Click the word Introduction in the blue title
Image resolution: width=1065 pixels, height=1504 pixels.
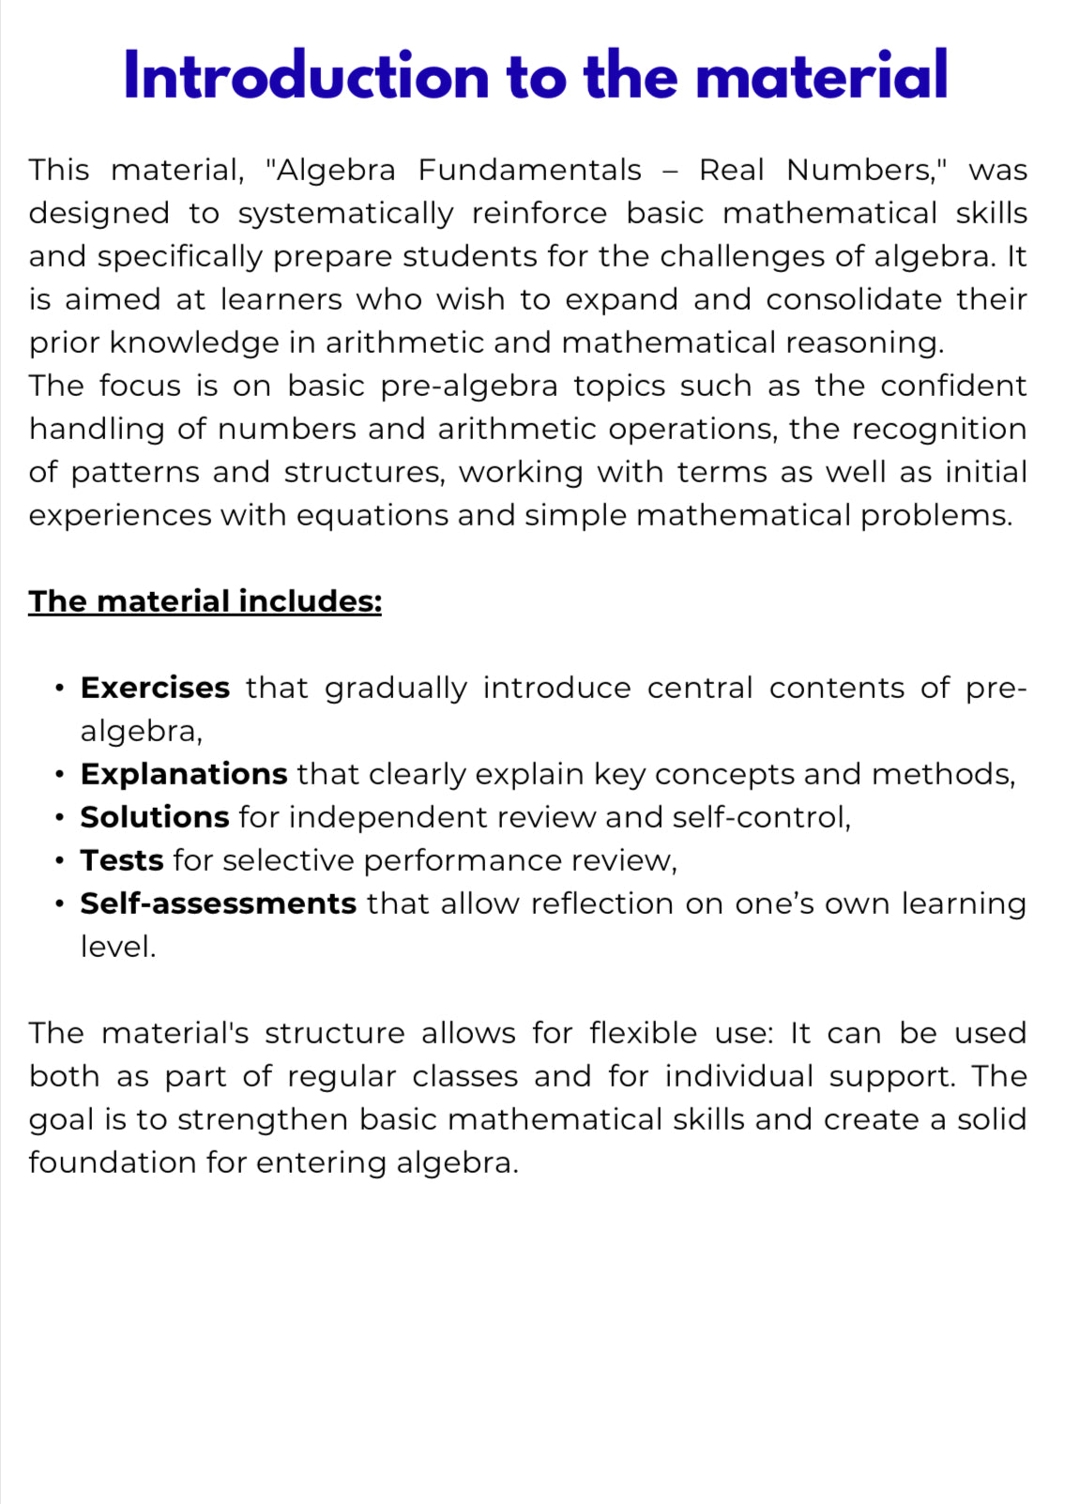306,76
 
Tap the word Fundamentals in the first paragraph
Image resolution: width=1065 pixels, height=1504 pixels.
529,170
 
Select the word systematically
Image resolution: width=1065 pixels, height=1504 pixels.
346,214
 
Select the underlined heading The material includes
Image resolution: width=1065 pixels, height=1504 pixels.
205,601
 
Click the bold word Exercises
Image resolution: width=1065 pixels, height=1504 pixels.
155,688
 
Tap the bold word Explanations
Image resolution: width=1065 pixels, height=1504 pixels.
184,774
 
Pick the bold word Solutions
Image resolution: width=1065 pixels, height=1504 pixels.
155,817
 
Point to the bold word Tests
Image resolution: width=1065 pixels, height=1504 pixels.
122,860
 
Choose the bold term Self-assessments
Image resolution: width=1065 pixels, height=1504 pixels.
218,904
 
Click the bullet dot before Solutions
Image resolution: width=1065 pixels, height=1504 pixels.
60,818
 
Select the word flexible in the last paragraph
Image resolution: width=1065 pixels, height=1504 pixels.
643,1033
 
